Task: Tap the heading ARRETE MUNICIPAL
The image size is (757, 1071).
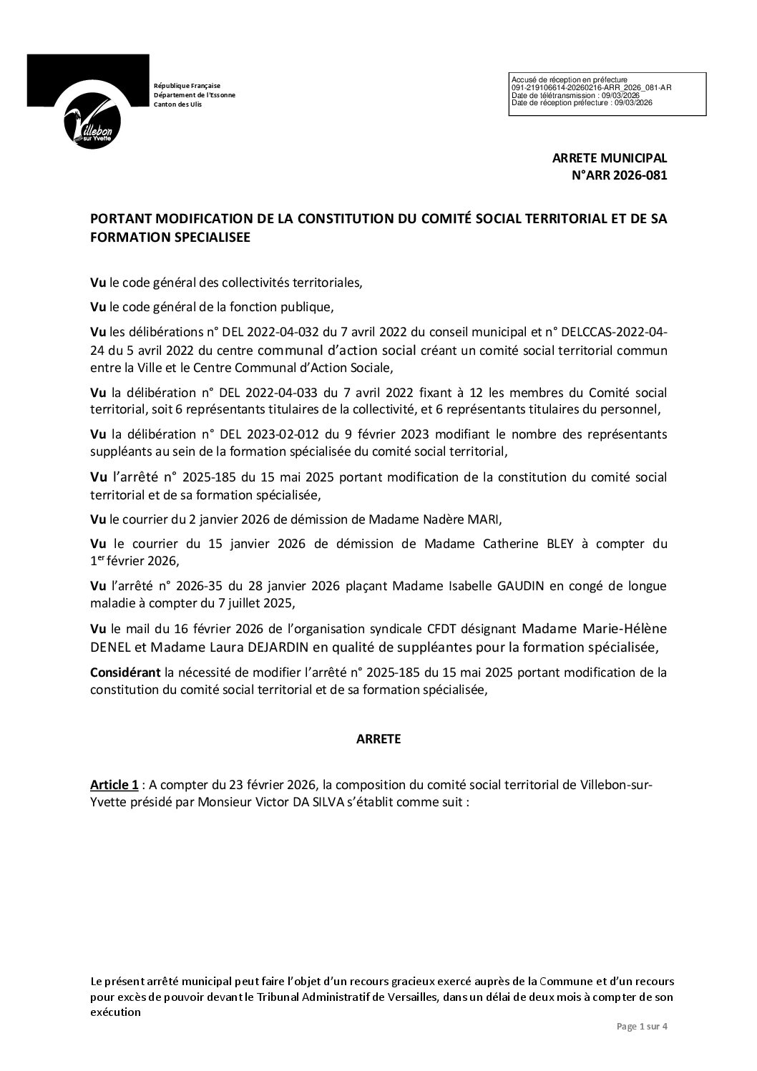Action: (x=609, y=159)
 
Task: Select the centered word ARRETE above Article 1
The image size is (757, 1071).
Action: (x=378, y=740)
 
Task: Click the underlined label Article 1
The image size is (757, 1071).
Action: (x=114, y=785)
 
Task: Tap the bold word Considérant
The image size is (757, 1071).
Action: (x=124, y=673)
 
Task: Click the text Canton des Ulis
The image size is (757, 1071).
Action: (x=178, y=104)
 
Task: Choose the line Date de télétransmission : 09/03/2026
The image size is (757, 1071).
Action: (x=575, y=95)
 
